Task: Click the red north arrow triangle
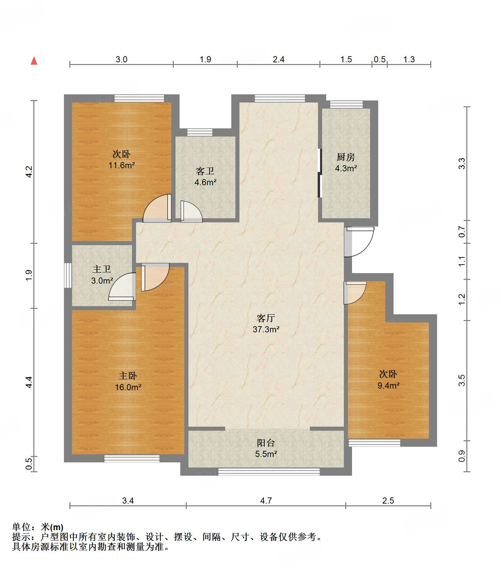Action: click(x=34, y=61)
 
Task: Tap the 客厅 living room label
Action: click(x=266, y=318)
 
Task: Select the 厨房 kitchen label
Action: click(x=346, y=157)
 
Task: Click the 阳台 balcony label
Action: click(x=266, y=443)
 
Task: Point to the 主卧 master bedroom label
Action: click(x=128, y=376)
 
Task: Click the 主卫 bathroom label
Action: click(x=102, y=269)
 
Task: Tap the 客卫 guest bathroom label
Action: click(x=205, y=171)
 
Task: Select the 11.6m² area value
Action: click(x=122, y=165)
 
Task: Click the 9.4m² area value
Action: click(x=388, y=385)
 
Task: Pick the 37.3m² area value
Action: click(x=266, y=329)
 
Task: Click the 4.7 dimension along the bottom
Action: click(x=266, y=501)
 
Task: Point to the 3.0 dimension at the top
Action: click(x=121, y=59)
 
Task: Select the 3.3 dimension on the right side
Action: click(x=462, y=164)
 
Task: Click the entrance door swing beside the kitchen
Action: click(x=359, y=242)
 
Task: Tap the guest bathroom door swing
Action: click(x=191, y=211)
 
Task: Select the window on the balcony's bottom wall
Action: click(x=269, y=472)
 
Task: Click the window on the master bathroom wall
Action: click(x=68, y=275)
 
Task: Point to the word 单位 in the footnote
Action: click(x=21, y=527)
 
